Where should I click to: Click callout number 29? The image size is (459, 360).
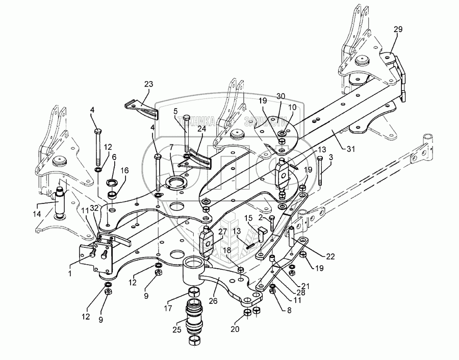pyautogui.click(x=397, y=30)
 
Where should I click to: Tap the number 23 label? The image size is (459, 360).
pyautogui.click(x=148, y=84)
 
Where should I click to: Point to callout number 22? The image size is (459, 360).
pyautogui.click(x=330, y=256)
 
